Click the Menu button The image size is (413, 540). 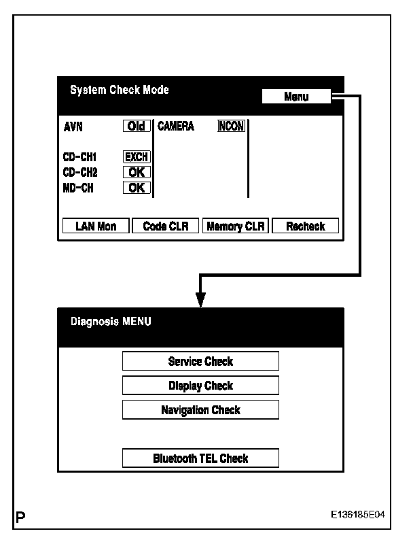coord(296,97)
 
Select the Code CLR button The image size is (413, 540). coord(165,226)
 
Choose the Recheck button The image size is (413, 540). coord(305,226)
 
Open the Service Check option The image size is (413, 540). coord(200,361)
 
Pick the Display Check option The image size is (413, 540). coord(200,386)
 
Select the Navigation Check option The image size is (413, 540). coord(200,410)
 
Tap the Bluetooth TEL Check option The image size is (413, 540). coord(200,458)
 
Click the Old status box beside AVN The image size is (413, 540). coord(137,126)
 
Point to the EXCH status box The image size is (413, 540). coord(137,157)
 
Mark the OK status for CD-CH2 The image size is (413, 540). coord(137,173)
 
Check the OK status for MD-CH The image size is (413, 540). coord(137,188)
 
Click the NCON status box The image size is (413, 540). coord(231,126)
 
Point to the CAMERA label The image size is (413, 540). coord(176,126)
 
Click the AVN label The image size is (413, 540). coord(73,126)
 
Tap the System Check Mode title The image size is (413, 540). coord(120,90)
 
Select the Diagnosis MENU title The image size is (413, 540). coord(111,321)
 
